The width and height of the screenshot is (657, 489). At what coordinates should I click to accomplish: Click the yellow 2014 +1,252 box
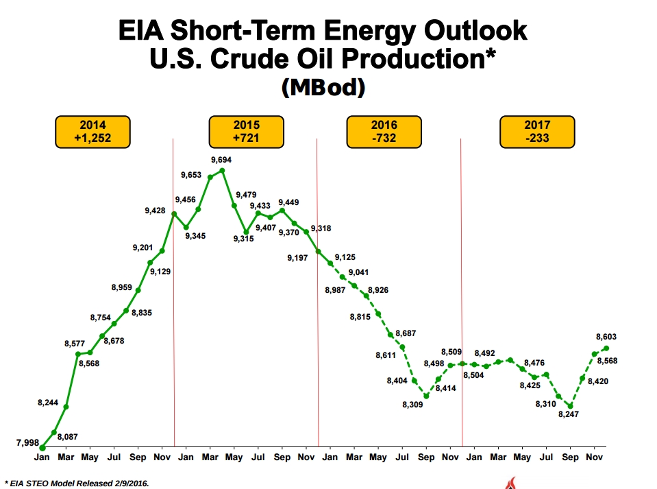[93, 132]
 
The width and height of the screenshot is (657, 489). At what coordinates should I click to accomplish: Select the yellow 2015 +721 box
[246, 132]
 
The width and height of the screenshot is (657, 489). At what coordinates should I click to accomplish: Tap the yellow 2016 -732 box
[384, 132]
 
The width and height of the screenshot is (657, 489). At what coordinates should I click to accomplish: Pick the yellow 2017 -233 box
[537, 132]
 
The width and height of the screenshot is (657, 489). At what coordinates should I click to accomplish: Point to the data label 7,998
[27, 442]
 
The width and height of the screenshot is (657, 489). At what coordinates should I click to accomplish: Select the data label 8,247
[569, 415]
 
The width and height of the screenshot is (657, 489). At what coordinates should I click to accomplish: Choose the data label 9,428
[155, 211]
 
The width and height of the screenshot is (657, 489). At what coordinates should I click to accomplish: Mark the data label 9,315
[243, 238]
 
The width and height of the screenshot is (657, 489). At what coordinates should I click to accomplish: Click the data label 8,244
[48, 403]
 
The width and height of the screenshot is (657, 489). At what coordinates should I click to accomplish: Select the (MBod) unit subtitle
[322, 87]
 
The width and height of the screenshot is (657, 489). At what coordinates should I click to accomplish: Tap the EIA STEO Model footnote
[76, 483]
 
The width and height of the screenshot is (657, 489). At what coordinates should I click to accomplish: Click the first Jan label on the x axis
[42, 456]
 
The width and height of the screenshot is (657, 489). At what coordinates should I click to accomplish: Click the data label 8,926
[378, 290]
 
